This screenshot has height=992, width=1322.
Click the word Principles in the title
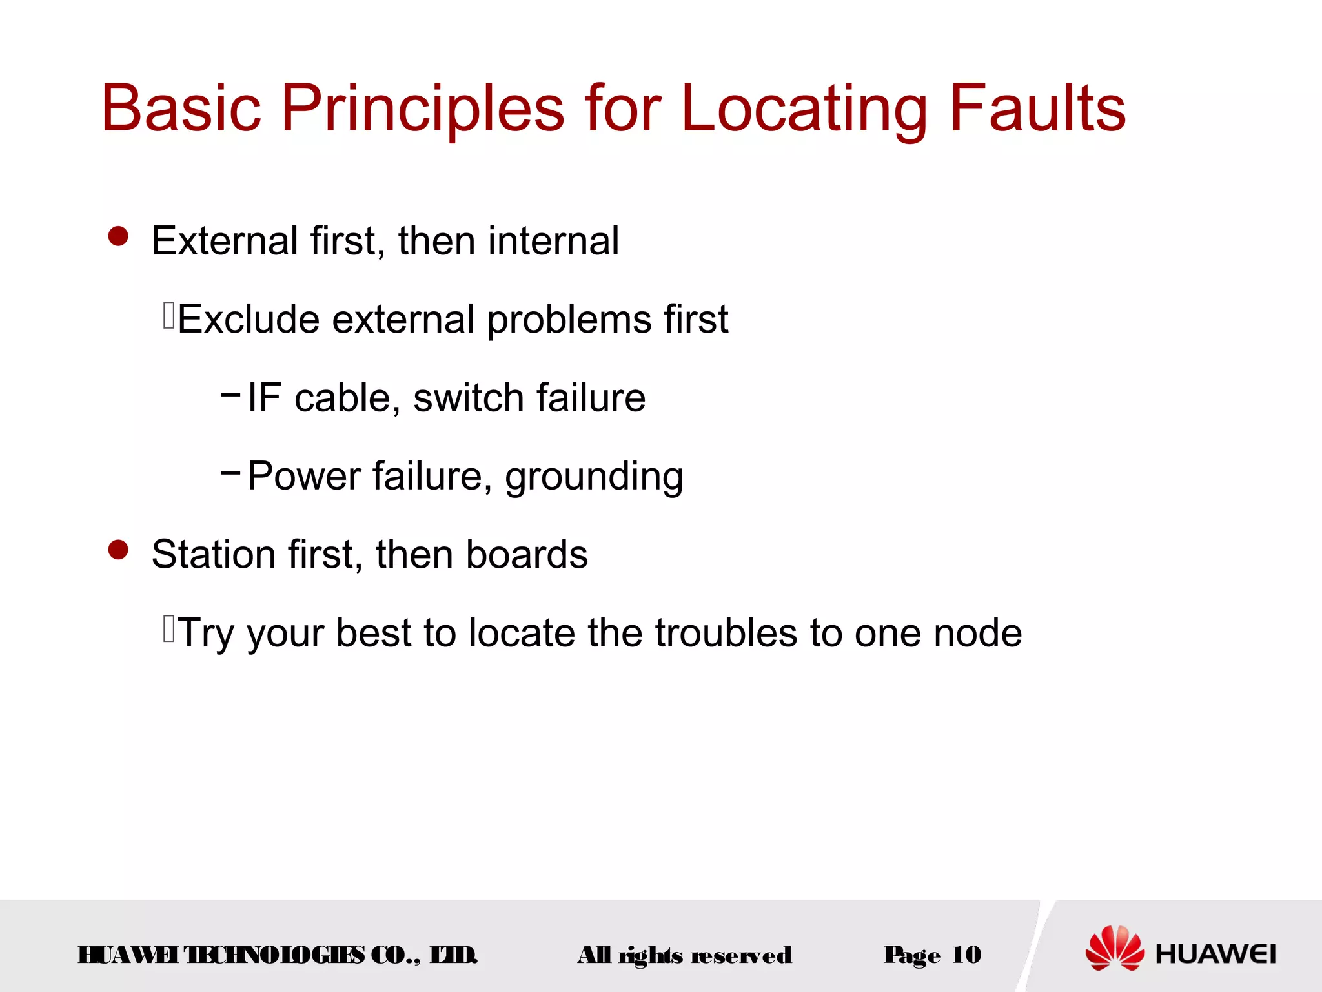(423, 108)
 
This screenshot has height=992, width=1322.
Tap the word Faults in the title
(1037, 108)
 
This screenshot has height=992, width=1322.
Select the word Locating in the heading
(804, 108)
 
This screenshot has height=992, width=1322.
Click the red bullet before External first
(118, 236)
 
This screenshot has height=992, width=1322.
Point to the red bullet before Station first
(118, 550)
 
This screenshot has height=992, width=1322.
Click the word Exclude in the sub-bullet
(249, 319)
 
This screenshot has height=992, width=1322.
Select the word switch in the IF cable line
(468, 398)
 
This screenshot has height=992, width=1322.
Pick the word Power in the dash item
(304, 476)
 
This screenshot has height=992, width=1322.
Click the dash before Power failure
(230, 472)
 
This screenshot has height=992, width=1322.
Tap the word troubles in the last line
(726, 633)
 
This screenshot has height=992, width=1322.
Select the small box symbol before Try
(169, 629)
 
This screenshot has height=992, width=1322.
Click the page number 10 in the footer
(966, 955)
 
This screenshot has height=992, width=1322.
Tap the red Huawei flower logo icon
(1115, 948)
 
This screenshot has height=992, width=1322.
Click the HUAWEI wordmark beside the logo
(1215, 954)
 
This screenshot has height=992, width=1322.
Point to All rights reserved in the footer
(684, 955)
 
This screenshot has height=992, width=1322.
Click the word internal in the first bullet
(553, 241)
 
